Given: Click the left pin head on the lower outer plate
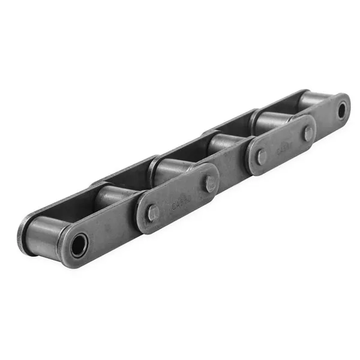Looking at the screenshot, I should click(x=153, y=211).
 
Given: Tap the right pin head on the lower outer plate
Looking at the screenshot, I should click(x=210, y=183).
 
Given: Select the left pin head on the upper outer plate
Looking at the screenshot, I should click(x=262, y=157).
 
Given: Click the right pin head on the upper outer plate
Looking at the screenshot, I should click(x=308, y=134).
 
